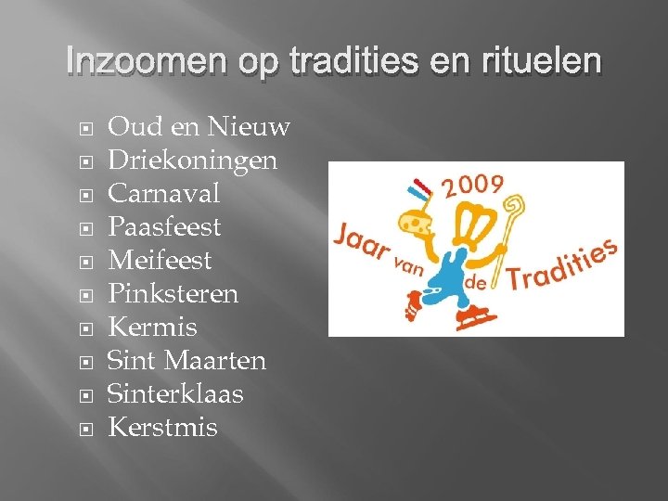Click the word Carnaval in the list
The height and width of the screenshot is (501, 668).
(164, 194)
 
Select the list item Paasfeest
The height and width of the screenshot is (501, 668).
(164, 227)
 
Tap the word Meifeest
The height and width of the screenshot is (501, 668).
(160, 261)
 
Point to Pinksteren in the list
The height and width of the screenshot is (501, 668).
(173, 294)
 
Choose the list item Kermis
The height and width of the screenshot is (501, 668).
(153, 328)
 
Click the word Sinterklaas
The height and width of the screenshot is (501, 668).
(175, 394)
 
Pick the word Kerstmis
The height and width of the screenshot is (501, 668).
(162, 428)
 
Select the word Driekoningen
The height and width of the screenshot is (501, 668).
(192, 161)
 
